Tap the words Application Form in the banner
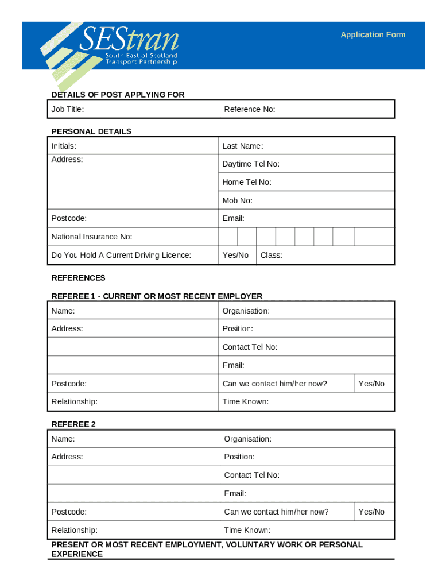pyautogui.click(x=373, y=34)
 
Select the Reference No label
pyautogui.click(x=250, y=109)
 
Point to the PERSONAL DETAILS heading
pyautogui.click(x=91, y=131)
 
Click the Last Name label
pyautogui.click(x=242, y=146)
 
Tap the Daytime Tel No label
pyautogui.click(x=251, y=164)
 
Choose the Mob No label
pyautogui.click(x=237, y=200)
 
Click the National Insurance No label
pyautogui.click(x=92, y=237)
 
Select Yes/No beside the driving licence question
pyautogui.click(x=235, y=255)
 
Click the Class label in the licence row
pyautogui.click(x=271, y=255)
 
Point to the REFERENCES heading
pyautogui.click(x=79, y=278)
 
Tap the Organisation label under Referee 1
pyautogui.click(x=246, y=311)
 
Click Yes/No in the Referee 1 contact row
pyautogui.click(x=371, y=384)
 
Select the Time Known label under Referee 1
pyautogui.click(x=245, y=401)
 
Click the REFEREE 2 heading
pyautogui.click(x=73, y=424)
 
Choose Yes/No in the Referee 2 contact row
pyautogui.click(x=371, y=512)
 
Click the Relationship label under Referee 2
pyautogui.click(x=74, y=530)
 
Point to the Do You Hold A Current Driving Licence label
pyautogui.click(x=121, y=255)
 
